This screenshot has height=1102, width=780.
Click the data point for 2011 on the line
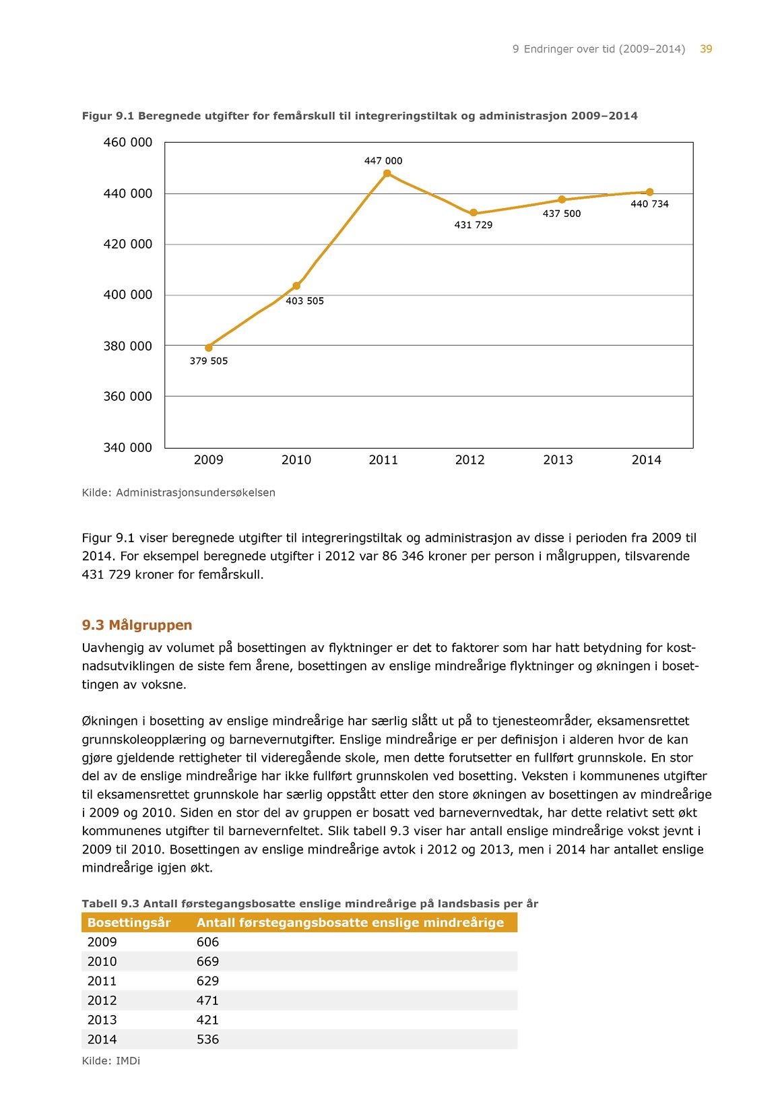point(387,174)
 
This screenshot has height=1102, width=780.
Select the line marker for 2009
point(209,348)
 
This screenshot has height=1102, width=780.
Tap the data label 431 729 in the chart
point(473,225)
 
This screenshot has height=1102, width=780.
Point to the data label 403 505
point(304,301)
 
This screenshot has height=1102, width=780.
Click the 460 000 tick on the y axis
point(127,142)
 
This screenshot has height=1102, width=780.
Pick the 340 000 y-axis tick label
point(127,447)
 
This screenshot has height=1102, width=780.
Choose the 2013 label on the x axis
point(558,460)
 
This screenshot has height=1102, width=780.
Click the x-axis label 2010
point(296,460)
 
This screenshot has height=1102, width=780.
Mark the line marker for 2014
point(649,192)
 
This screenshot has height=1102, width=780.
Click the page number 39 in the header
point(706,49)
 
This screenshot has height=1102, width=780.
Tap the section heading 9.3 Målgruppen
point(137,625)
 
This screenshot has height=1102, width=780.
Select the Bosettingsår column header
point(129,923)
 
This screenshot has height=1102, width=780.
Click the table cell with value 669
point(207,962)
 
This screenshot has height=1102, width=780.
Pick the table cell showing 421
point(207,1020)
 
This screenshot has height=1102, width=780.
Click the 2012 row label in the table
point(102,1001)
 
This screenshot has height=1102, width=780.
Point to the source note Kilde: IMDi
point(110,1061)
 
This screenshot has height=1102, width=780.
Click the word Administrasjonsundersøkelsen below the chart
point(195,492)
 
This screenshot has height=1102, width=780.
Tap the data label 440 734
point(649,204)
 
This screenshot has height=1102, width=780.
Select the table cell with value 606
point(207,942)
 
